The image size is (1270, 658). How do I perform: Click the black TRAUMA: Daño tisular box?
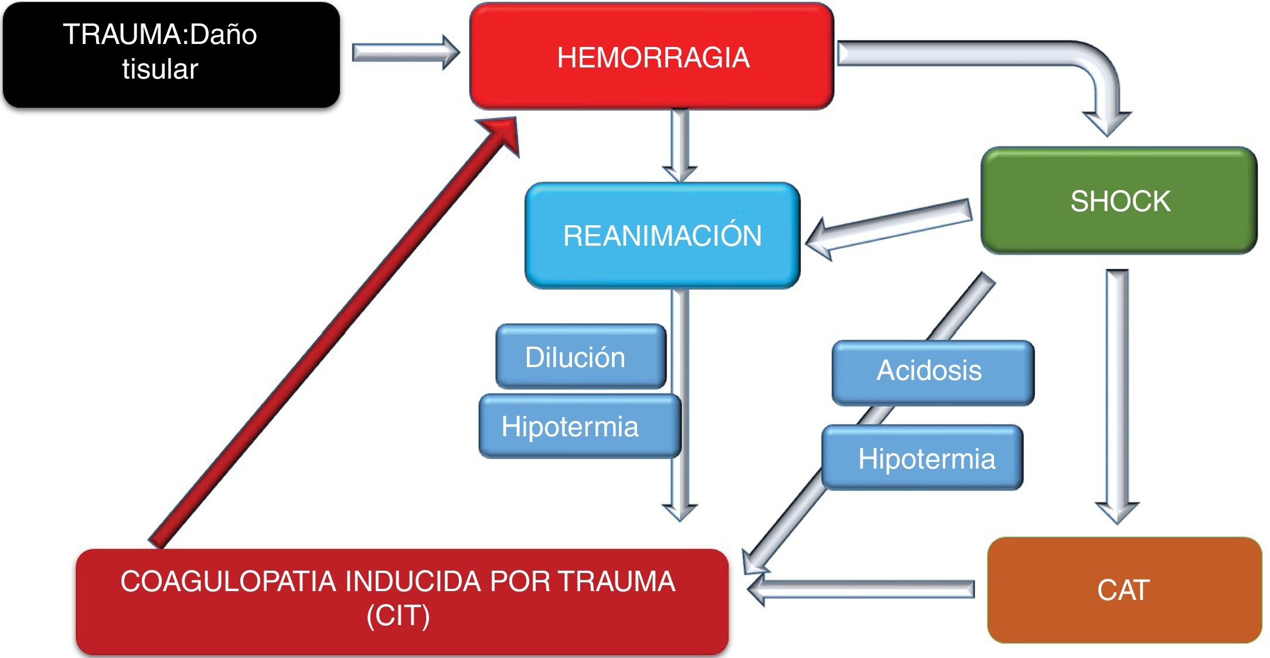click(171, 54)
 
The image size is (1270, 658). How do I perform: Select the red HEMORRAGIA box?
click(652, 57)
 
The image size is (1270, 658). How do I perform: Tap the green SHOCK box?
click(1119, 201)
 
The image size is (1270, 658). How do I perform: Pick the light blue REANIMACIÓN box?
click(662, 235)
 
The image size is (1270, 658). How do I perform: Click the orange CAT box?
click(1123, 589)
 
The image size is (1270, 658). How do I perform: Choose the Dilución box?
click(580, 357)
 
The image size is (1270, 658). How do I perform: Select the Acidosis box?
click(932, 372)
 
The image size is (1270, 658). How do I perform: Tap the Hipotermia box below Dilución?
click(579, 426)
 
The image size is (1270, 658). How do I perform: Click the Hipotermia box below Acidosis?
click(922, 458)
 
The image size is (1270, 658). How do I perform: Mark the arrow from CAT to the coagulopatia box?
click(862, 589)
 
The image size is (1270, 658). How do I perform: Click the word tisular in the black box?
click(160, 69)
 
